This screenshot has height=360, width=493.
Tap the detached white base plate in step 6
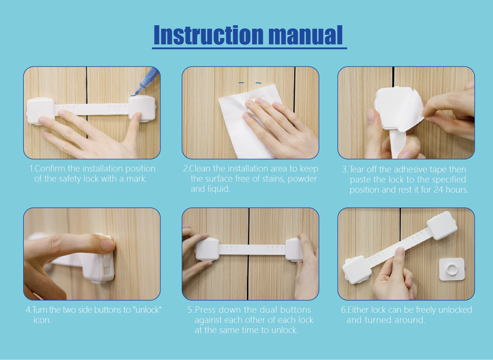452,269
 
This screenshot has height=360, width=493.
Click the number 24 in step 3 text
438,190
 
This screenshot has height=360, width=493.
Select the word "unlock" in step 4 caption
147,310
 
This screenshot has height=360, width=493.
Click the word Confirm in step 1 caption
50,169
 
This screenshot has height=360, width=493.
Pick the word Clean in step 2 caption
200,169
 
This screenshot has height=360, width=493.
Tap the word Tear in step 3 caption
357,169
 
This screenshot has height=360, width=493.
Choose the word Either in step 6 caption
358,310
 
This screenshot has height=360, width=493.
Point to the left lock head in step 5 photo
207,249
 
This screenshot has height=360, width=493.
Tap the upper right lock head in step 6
442,225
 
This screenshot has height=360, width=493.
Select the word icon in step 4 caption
42,320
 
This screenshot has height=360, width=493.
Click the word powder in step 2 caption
302,179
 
